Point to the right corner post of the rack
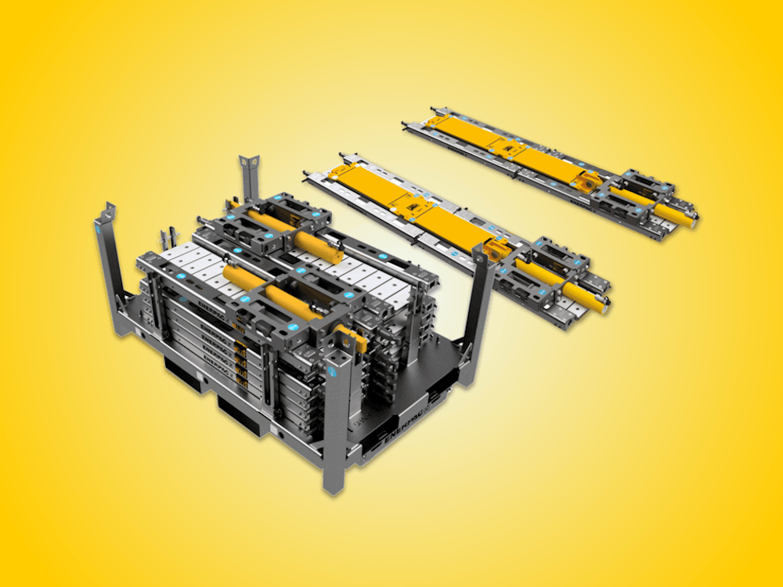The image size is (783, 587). click(478, 313)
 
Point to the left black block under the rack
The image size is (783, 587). click(183, 373)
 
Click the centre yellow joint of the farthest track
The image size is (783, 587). click(512, 149)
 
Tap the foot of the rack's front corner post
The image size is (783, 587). click(332, 486)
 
